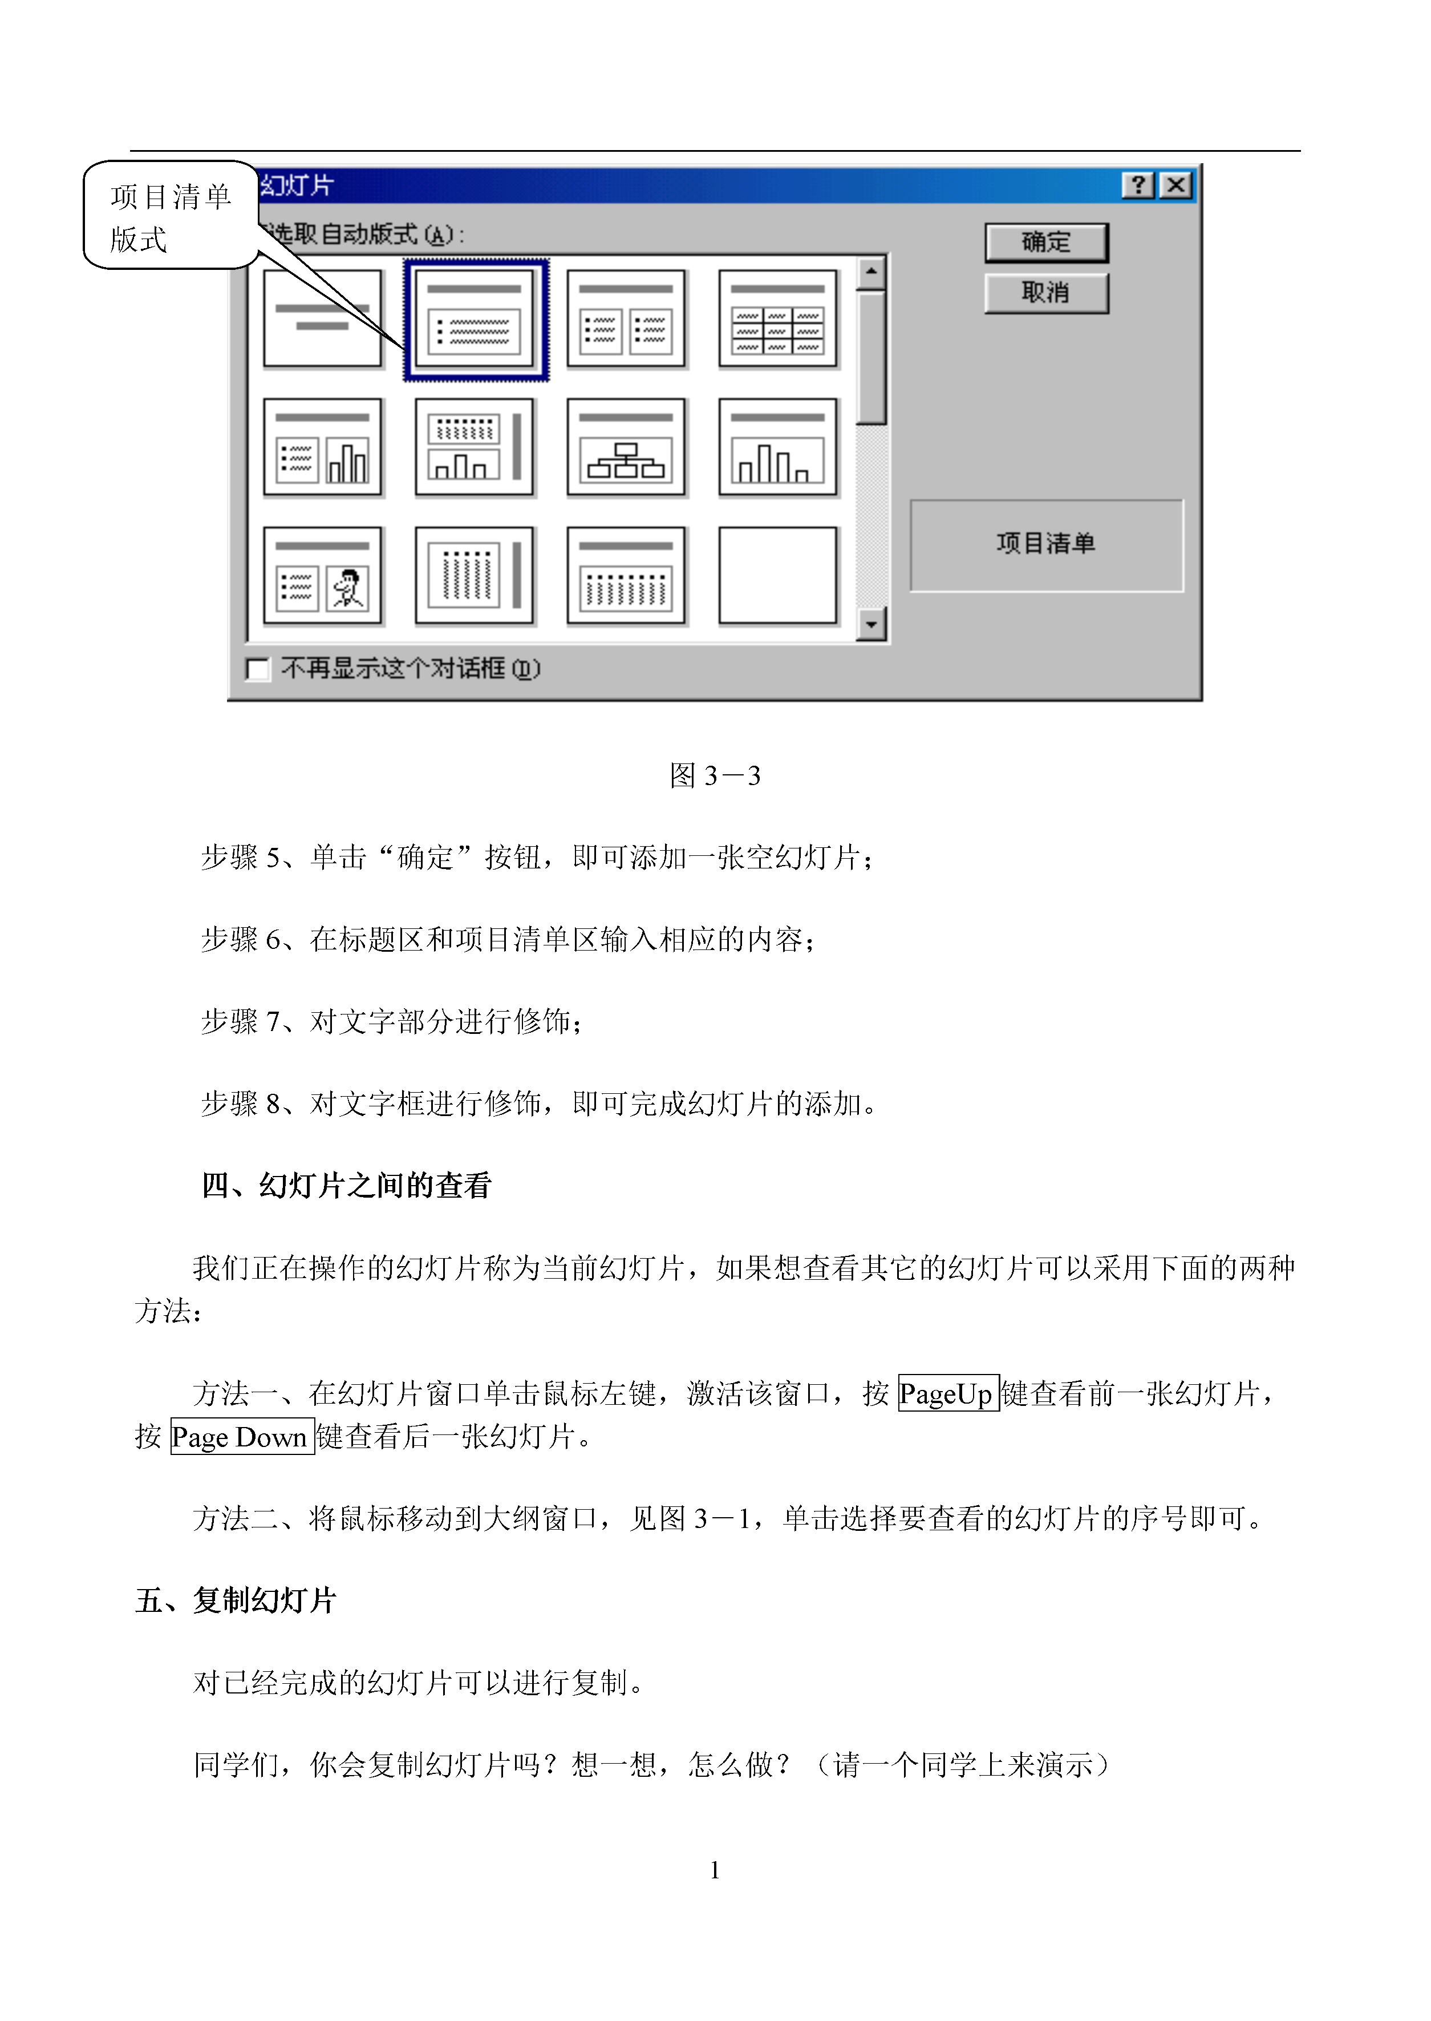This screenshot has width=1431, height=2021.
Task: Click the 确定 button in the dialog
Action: pyautogui.click(x=1046, y=242)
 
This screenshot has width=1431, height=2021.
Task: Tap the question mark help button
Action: pyautogui.click(x=1138, y=185)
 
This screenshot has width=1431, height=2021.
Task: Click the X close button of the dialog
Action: pyautogui.click(x=1175, y=185)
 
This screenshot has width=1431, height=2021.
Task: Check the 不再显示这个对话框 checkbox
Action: pyautogui.click(x=258, y=669)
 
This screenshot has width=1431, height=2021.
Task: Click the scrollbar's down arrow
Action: pyautogui.click(x=870, y=625)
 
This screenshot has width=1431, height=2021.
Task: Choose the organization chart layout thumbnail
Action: pyautogui.click(x=626, y=447)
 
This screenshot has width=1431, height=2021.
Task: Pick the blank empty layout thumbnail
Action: pyautogui.click(x=778, y=576)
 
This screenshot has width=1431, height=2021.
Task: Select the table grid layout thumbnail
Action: pyautogui.click(x=778, y=319)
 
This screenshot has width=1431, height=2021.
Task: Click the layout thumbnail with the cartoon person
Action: pyautogui.click(x=322, y=576)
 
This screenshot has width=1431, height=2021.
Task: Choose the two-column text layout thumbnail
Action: pyautogui.click(x=626, y=319)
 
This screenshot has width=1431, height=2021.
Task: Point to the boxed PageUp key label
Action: pyautogui.click(x=948, y=1393)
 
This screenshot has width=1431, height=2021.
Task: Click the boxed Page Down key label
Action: pyautogui.click(x=242, y=1437)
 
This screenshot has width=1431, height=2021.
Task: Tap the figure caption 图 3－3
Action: pyautogui.click(x=715, y=775)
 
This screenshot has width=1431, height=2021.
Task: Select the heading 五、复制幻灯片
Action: pyautogui.click(x=236, y=1600)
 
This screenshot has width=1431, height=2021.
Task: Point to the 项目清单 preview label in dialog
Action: pyautogui.click(x=1046, y=543)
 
